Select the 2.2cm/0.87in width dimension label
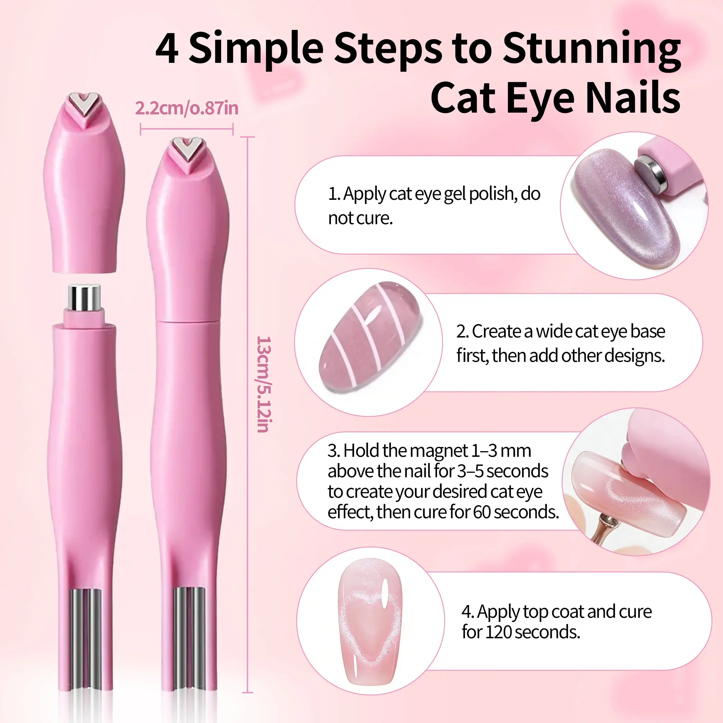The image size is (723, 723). (187, 108)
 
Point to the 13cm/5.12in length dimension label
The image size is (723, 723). (264, 384)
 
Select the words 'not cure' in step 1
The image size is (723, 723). (360, 218)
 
